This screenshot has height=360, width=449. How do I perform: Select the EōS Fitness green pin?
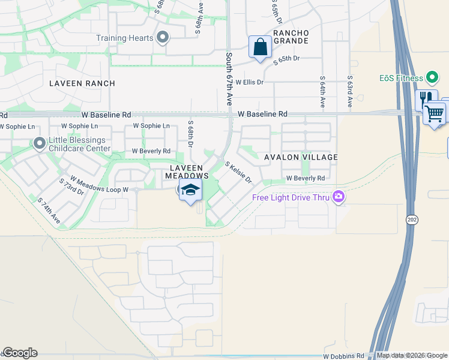(x=432, y=77)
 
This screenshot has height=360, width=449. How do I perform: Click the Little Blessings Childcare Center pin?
(x=40, y=144)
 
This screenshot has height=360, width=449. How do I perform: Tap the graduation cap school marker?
(x=191, y=191)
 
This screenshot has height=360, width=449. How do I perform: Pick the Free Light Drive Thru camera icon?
(x=339, y=197)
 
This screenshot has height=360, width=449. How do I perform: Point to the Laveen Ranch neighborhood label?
(x=82, y=83)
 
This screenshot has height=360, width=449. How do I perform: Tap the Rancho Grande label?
(x=291, y=37)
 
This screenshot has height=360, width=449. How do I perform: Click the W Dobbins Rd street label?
(x=343, y=356)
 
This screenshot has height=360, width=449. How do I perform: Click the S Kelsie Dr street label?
(x=238, y=172)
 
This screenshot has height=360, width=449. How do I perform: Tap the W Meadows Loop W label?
(x=100, y=184)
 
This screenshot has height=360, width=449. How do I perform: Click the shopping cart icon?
(x=435, y=113)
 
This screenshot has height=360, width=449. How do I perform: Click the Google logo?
(x=19, y=353)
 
